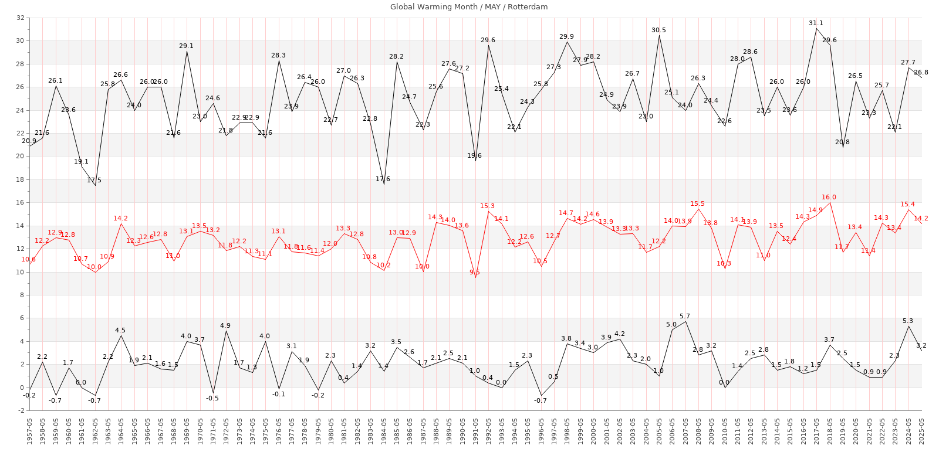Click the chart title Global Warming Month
click(x=469, y=7)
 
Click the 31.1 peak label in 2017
click(x=816, y=23)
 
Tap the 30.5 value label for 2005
click(x=658, y=30)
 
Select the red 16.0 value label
click(x=829, y=198)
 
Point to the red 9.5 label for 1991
click(x=474, y=272)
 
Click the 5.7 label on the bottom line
click(x=685, y=317)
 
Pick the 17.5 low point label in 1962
click(x=94, y=180)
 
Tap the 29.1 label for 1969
click(x=187, y=46)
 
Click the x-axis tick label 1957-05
click(x=29, y=431)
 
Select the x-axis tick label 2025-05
click(x=922, y=431)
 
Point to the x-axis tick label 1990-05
click(x=462, y=431)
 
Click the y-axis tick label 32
click(x=21, y=18)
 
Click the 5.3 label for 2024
click(x=908, y=321)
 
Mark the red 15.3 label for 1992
click(x=487, y=206)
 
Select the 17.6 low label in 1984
click(x=383, y=179)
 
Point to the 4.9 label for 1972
click(x=225, y=325)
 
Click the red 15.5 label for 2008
click(x=698, y=204)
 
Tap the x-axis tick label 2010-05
click(x=725, y=431)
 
